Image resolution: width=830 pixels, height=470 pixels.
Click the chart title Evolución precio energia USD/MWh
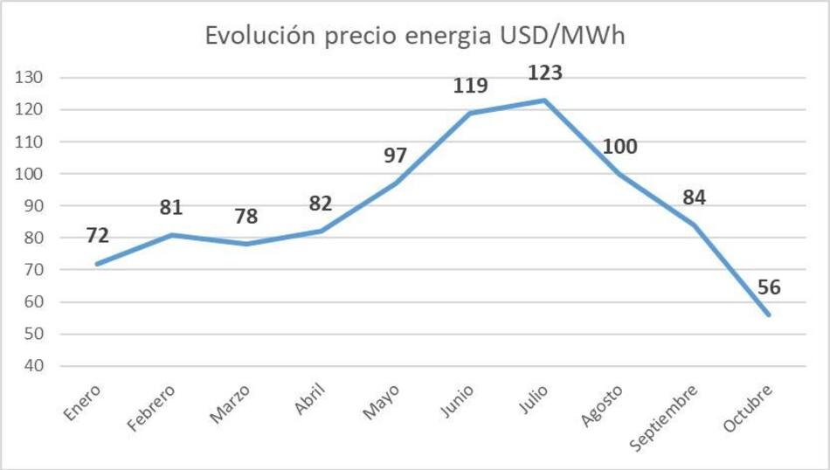point(415,36)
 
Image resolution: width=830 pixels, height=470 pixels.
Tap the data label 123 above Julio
point(544,73)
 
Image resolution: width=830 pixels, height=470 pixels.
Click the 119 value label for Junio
point(470,86)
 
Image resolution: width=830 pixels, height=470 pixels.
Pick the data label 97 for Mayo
point(395,156)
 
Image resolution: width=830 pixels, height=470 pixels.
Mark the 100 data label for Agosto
point(619,145)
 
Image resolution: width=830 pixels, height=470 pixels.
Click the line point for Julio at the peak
point(545,100)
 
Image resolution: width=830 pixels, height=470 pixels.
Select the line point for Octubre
point(769,314)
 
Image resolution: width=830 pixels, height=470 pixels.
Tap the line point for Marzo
point(246,244)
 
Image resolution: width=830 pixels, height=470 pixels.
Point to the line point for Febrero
point(173,234)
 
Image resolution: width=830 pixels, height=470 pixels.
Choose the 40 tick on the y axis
point(36,366)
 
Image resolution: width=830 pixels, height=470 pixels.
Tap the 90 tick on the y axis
point(36,206)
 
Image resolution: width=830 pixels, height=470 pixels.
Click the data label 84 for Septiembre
point(695,197)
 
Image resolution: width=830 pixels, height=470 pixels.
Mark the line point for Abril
point(322,231)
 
